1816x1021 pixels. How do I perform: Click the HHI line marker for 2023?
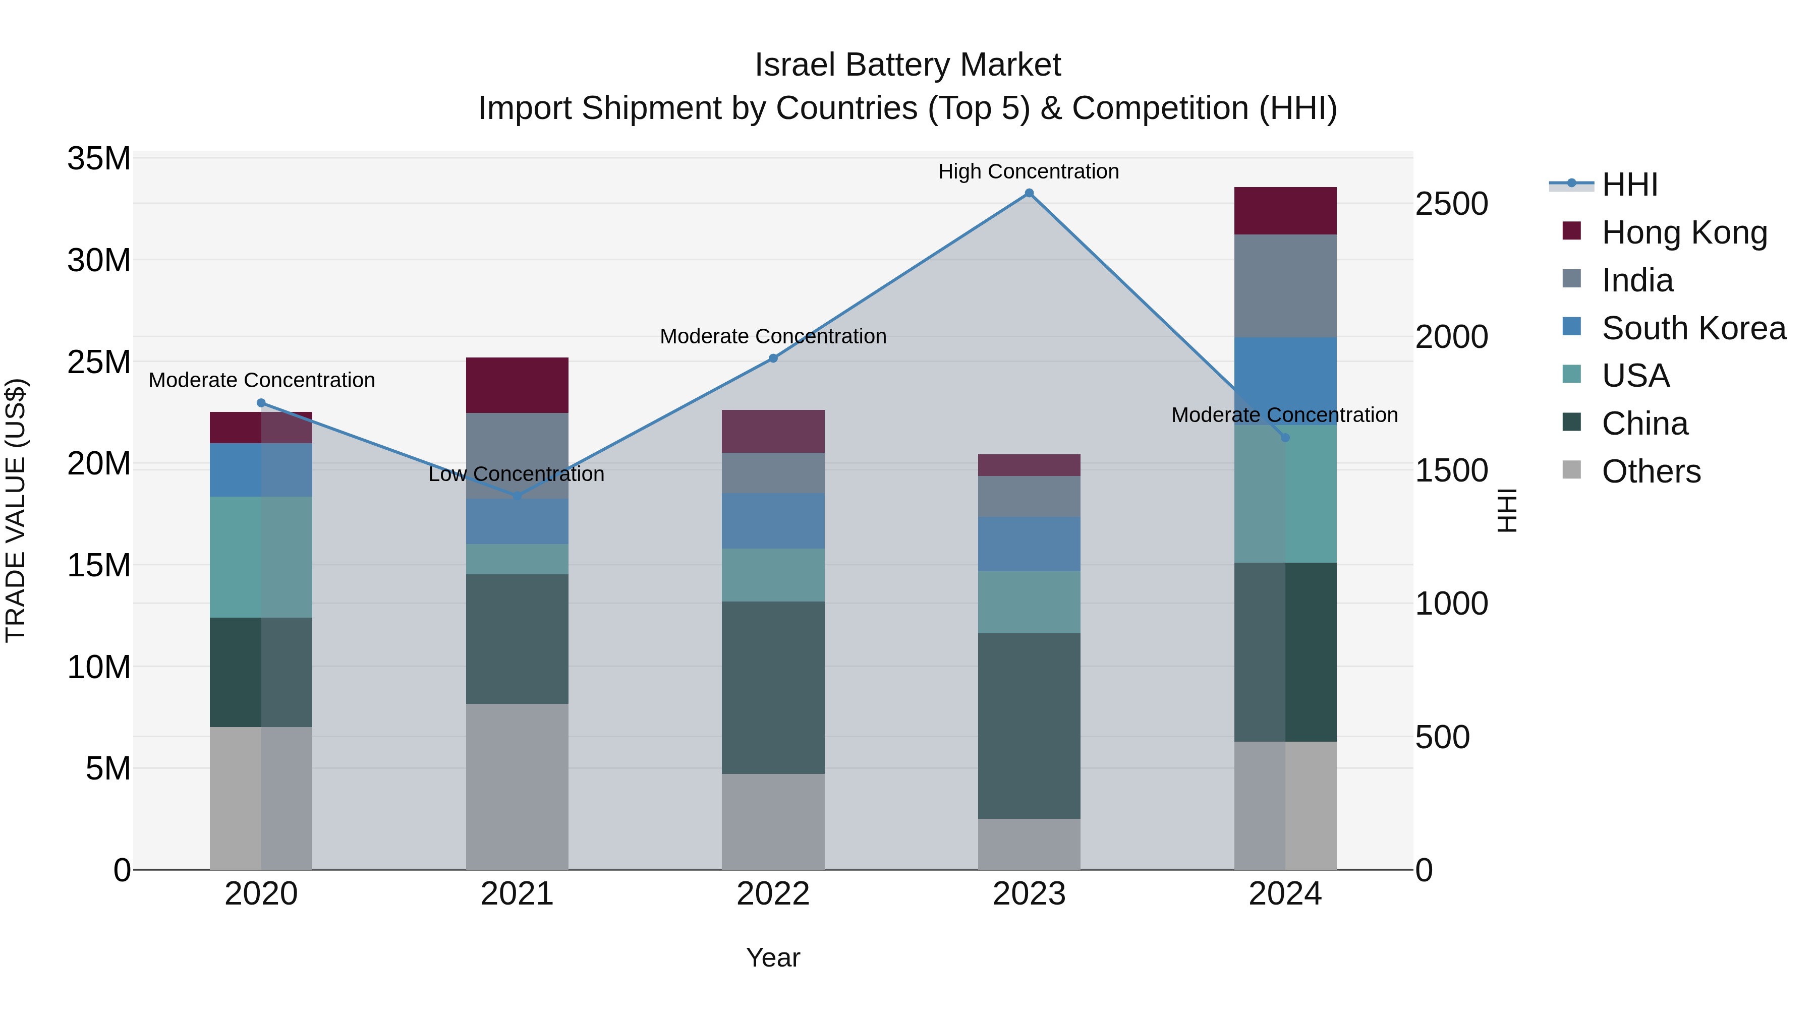[x=1029, y=193]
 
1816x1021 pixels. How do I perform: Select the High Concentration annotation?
[x=1028, y=171]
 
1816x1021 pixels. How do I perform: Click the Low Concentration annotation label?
[x=516, y=474]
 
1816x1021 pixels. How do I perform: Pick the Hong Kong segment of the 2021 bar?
[x=517, y=385]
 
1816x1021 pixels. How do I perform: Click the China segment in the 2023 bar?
[x=1029, y=725]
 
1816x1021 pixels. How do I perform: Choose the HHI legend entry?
[x=1629, y=185]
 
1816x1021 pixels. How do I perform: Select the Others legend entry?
[x=1651, y=471]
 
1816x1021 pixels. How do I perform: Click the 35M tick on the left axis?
[x=99, y=158]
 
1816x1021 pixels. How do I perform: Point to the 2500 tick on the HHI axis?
[x=1451, y=204]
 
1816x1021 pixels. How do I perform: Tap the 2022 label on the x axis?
[x=773, y=894]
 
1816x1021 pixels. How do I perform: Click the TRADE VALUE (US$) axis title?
[x=16, y=510]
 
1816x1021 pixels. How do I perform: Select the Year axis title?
[x=773, y=957]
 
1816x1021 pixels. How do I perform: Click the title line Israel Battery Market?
[x=907, y=65]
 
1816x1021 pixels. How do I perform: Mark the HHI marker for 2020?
[x=261, y=403]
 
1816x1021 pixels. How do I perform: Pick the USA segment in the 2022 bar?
[x=773, y=574]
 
